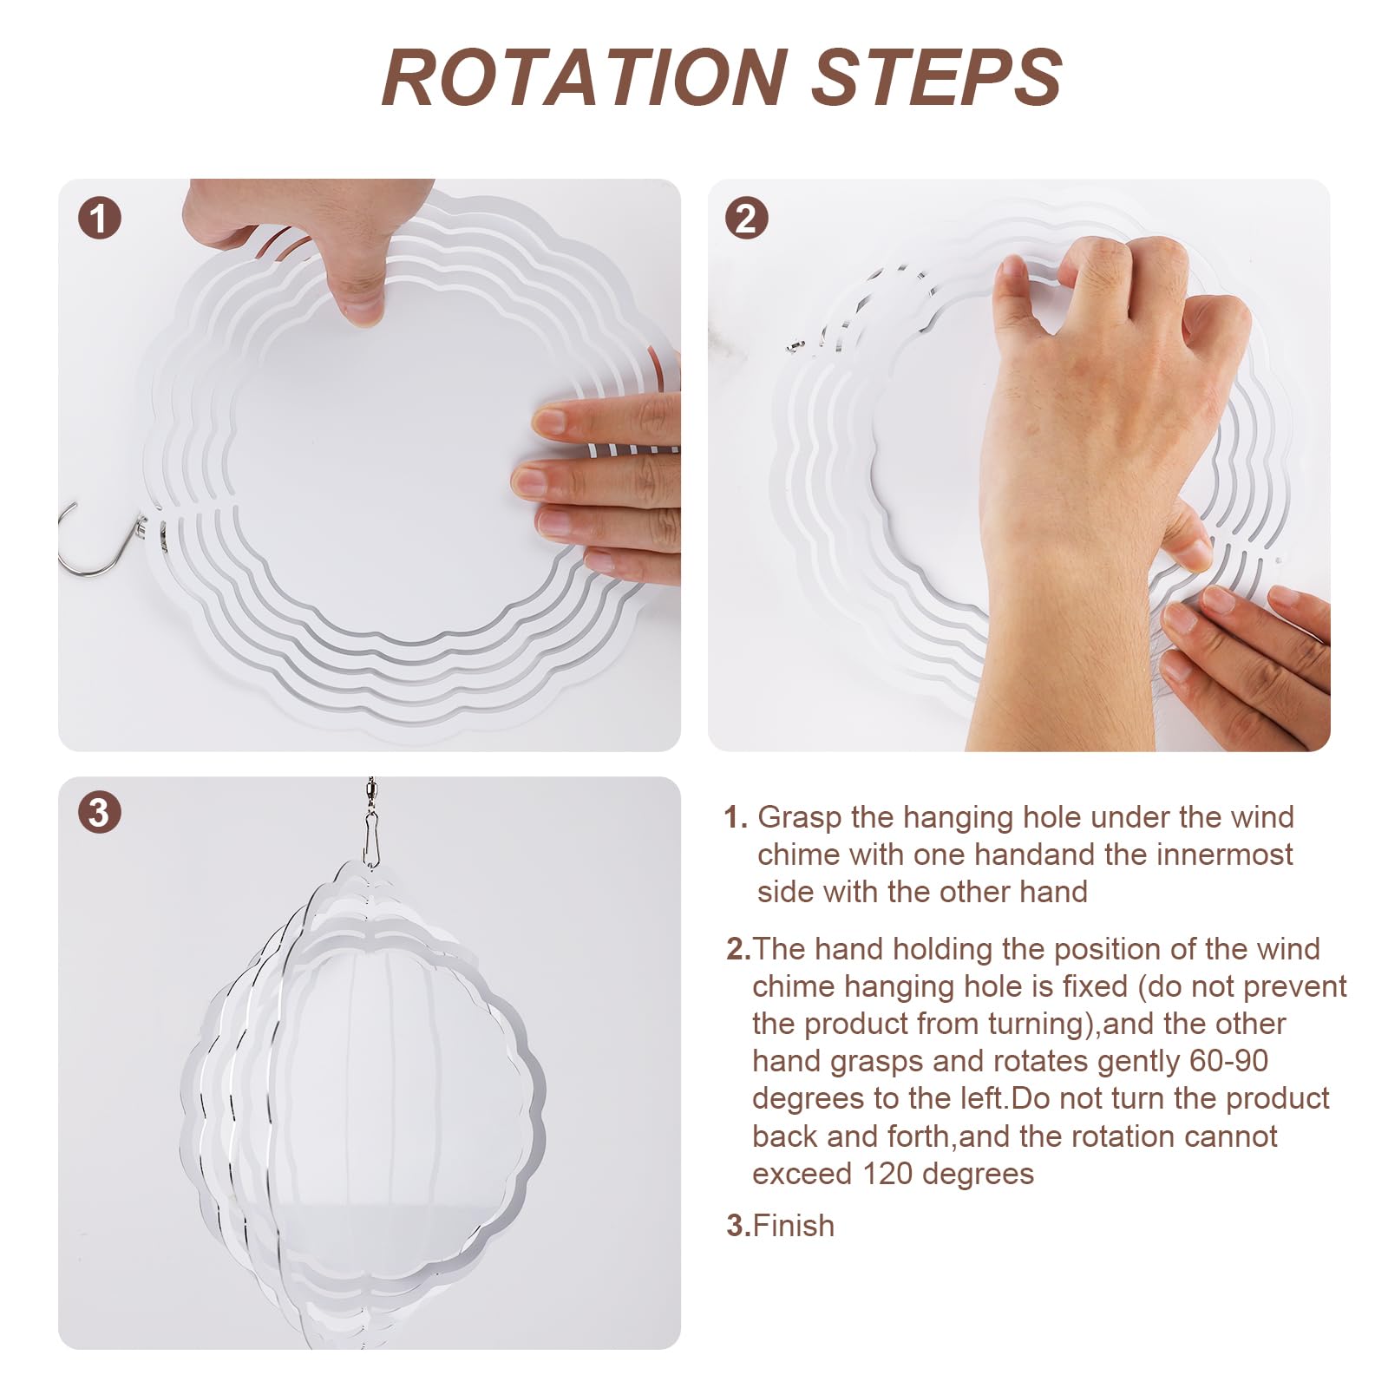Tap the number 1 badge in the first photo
pyautogui.click(x=99, y=218)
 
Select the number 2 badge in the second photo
pyautogui.click(x=746, y=218)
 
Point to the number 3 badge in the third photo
pyautogui.click(x=99, y=813)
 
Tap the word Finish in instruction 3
pyautogui.click(x=794, y=1226)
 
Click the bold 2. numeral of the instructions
pyautogui.click(x=739, y=949)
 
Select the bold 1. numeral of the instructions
pyautogui.click(x=736, y=817)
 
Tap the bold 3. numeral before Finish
pyautogui.click(x=739, y=1226)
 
